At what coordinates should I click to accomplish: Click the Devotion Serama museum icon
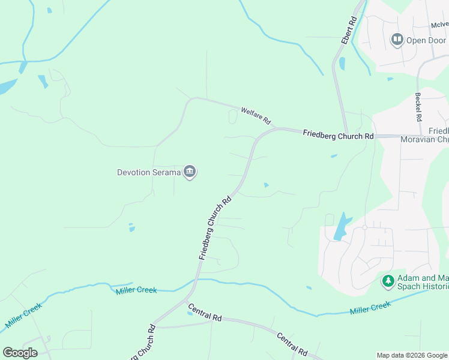pyautogui.click(x=190, y=172)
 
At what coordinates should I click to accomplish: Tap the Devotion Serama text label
pyautogui.click(x=149, y=173)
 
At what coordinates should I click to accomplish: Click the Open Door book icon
pyautogui.click(x=396, y=40)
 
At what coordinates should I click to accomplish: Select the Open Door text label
pyautogui.click(x=426, y=41)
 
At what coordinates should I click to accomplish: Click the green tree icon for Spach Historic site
pyautogui.click(x=388, y=281)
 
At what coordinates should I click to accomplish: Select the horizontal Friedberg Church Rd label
pyautogui.click(x=338, y=135)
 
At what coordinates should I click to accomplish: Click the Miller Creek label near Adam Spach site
pyautogui.click(x=370, y=307)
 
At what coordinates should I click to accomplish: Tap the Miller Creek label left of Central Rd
pyautogui.click(x=136, y=290)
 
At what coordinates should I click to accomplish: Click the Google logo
pyautogui.click(x=20, y=352)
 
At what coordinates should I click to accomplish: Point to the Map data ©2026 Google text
pyautogui.click(x=411, y=355)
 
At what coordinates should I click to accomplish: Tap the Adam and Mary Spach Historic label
pyautogui.click(x=423, y=282)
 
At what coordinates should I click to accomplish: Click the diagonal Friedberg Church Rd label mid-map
pyautogui.click(x=215, y=229)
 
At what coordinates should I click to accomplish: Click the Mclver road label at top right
pyautogui.click(x=439, y=25)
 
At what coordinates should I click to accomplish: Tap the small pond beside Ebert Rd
pyautogui.click(x=342, y=63)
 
